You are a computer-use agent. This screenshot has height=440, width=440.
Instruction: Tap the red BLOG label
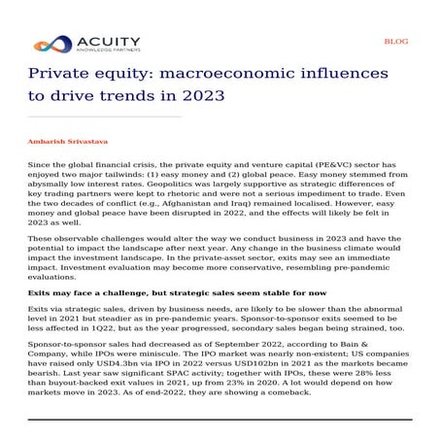tap(396, 42)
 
